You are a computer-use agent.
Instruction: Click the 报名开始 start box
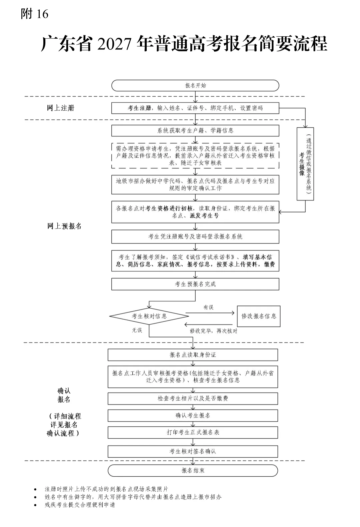click(x=195, y=85)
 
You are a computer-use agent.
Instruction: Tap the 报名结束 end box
click(x=193, y=471)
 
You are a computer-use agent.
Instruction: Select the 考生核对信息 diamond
click(x=149, y=316)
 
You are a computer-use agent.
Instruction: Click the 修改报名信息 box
click(x=259, y=316)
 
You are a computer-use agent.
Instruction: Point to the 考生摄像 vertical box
click(x=305, y=164)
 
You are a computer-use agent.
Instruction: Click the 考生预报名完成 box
click(x=195, y=284)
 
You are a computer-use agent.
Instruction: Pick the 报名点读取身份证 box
click(x=193, y=355)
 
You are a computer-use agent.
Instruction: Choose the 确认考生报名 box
click(x=193, y=416)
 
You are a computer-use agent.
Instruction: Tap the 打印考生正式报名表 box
click(x=193, y=432)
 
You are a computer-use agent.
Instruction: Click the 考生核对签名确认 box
click(x=193, y=452)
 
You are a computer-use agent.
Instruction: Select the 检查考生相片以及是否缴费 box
click(x=193, y=399)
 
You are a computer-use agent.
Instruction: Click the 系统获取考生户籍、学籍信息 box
click(x=195, y=130)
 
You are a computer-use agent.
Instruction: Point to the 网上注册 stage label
click(x=61, y=108)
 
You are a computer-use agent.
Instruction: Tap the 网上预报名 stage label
click(x=64, y=226)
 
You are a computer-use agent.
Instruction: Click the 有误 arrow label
click(x=208, y=307)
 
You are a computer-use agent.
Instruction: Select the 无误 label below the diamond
click(x=137, y=330)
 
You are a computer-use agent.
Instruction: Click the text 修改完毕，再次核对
click(x=214, y=331)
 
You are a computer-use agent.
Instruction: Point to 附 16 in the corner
click(x=35, y=14)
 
